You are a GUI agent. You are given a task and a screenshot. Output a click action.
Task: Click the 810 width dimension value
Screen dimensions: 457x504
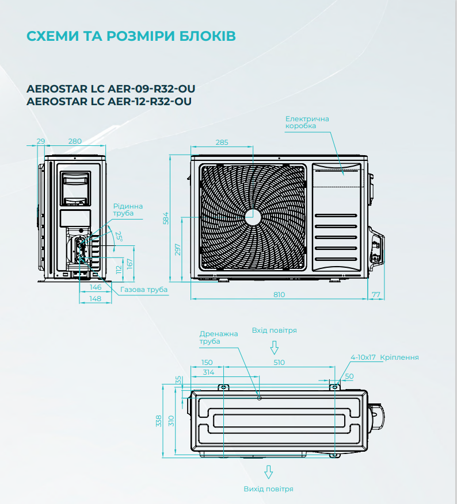pos(279,294)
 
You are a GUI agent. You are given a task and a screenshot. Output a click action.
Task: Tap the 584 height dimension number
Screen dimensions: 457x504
pos(166,218)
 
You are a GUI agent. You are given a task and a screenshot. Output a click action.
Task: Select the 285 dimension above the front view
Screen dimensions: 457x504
pos(222,142)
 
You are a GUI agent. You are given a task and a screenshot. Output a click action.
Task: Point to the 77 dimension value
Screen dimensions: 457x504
pos(376,294)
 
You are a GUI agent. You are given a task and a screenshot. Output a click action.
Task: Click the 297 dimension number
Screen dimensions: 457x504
pos(178,250)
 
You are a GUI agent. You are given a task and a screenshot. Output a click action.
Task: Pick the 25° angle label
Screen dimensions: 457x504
pos(119,236)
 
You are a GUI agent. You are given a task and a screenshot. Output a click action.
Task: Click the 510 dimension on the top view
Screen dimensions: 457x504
pos(279,362)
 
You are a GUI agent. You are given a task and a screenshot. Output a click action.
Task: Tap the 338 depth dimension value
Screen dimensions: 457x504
pos(159,421)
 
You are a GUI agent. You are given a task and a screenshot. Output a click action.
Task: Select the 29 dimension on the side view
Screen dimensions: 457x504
pos(41,141)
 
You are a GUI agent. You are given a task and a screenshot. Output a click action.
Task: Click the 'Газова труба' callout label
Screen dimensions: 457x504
pos(144,290)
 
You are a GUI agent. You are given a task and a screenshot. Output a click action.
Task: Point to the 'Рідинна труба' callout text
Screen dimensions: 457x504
pos(128,210)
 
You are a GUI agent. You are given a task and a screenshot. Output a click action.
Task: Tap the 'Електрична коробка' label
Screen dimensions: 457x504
pos(307,122)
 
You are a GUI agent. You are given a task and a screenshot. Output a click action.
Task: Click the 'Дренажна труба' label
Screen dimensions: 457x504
pos(219,337)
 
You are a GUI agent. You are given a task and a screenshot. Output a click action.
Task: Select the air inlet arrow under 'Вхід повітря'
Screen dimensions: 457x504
pos(274,348)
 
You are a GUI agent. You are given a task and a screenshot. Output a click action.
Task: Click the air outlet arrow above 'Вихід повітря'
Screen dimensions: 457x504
pos(268,472)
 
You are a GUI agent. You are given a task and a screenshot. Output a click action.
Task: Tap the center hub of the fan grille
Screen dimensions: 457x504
pos(253,218)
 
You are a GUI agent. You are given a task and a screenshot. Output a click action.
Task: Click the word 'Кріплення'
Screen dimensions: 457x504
pos(399,357)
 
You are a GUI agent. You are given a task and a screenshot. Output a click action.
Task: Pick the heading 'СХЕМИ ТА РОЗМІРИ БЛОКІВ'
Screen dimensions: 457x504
pos(131,36)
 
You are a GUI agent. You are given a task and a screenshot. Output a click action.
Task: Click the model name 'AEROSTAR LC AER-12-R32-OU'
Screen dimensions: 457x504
pos(109,101)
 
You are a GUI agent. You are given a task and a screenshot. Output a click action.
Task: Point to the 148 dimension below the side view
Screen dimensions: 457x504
pos(96,299)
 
